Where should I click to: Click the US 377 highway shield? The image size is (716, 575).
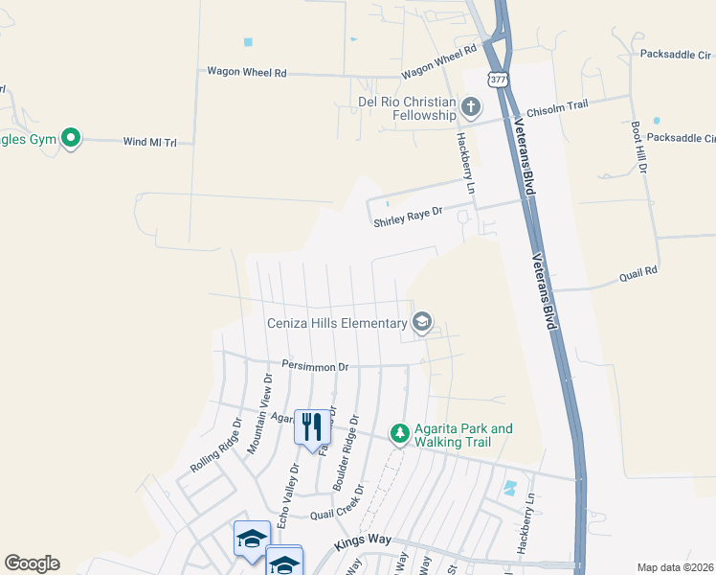coord(497,80)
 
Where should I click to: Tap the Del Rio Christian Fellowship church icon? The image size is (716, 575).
coord(470,105)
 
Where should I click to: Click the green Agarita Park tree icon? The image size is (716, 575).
coord(400,434)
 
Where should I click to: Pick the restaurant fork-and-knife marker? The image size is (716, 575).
coord(310,425)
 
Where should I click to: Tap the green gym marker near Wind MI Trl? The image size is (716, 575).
coord(71,139)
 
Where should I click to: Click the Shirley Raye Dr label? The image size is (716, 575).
coord(408,220)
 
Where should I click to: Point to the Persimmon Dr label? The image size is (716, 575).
coord(315,365)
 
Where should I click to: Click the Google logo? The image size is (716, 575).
coord(33,563)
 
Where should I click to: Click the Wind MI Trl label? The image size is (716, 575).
coord(150,142)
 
